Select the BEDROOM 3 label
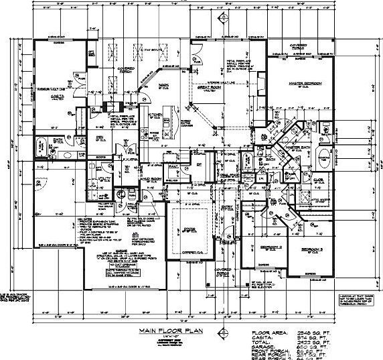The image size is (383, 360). coord(312,249)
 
